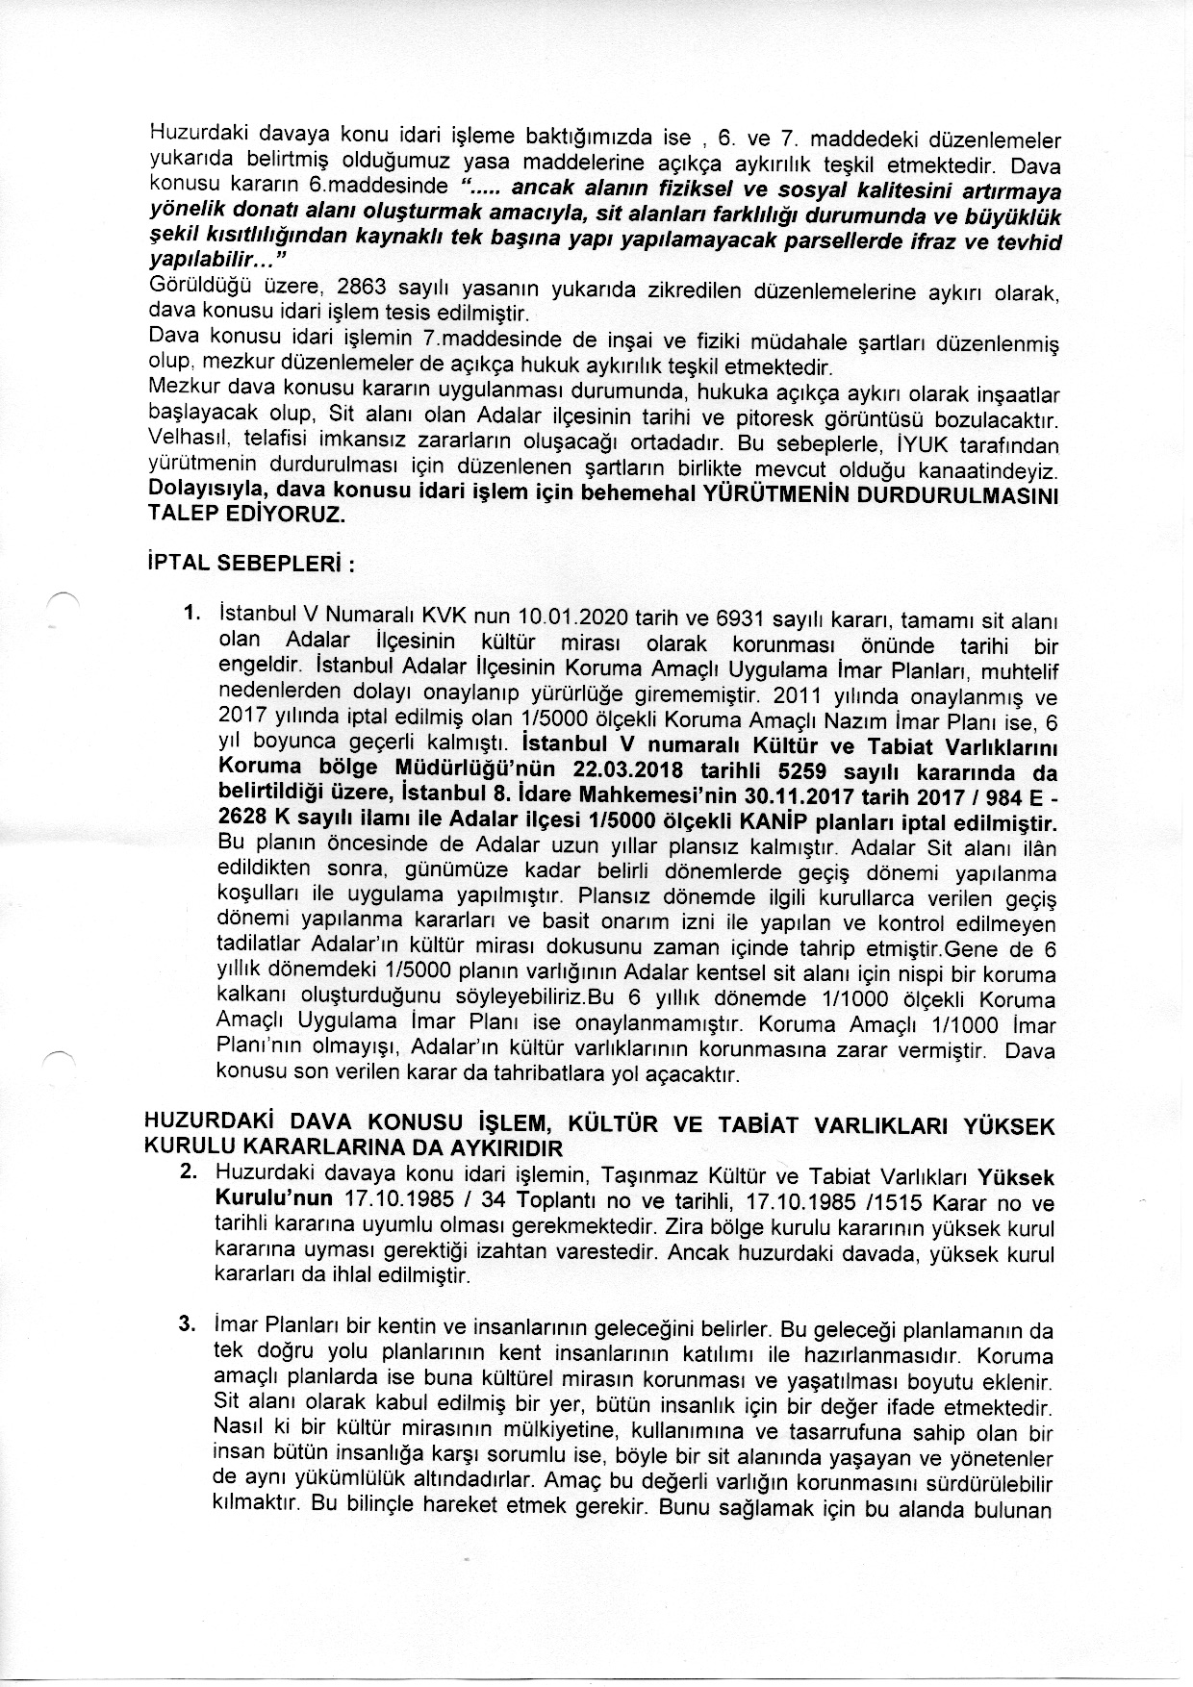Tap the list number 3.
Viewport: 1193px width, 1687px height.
pos(189,1328)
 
